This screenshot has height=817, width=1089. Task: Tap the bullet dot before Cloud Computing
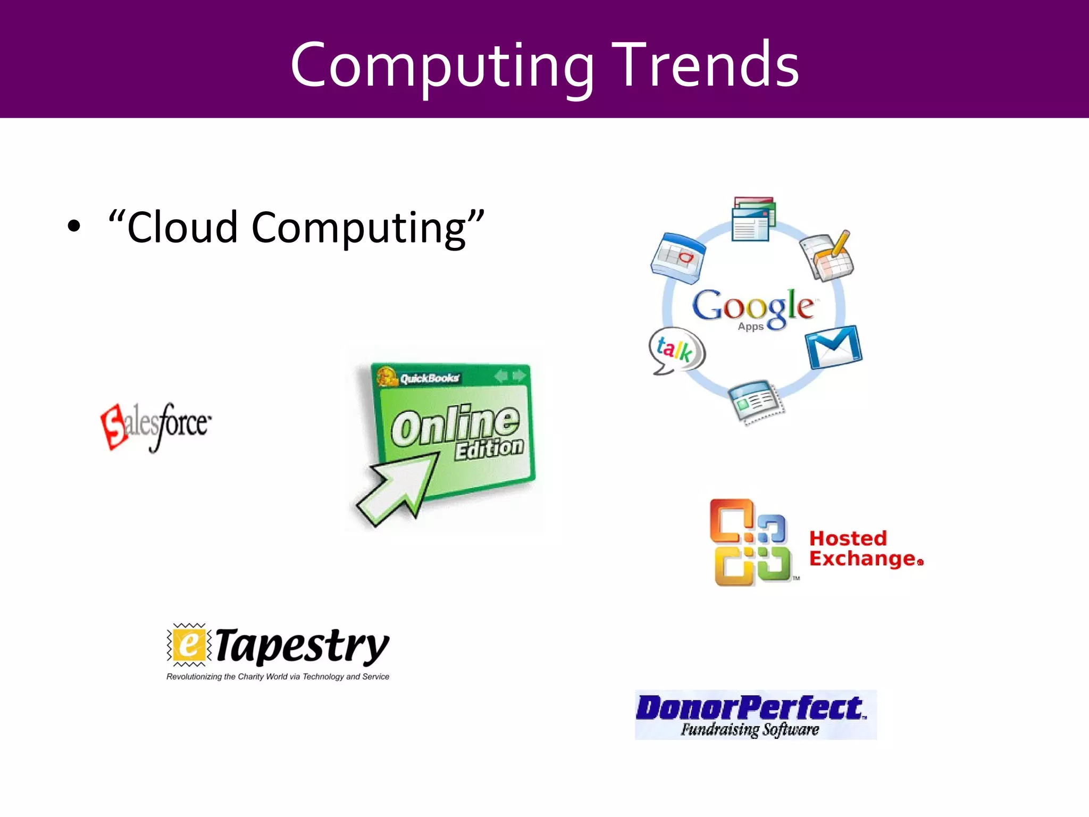tap(74, 226)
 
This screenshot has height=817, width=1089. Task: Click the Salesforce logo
tap(156, 426)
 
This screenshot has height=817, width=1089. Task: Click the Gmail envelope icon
tap(833, 347)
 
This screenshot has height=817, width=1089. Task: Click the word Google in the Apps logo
tap(753, 306)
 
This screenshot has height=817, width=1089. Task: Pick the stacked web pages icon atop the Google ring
tap(753, 219)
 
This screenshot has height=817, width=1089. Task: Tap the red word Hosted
tap(848, 538)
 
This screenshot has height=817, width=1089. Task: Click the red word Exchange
tap(863, 559)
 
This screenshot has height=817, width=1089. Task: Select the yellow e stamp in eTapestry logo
tap(187, 645)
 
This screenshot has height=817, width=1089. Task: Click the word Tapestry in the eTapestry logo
tap(303, 646)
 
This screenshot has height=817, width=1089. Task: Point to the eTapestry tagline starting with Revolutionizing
tap(278, 677)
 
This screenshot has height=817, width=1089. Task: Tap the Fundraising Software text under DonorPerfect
tap(750, 729)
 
